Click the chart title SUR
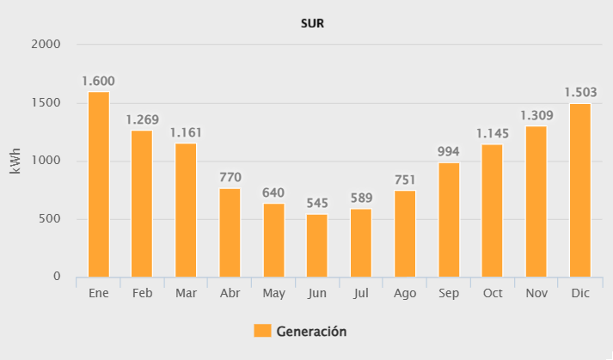[x=311, y=23]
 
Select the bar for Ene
[x=99, y=184]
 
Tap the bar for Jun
[x=317, y=245]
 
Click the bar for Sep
[x=449, y=219]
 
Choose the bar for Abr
[x=230, y=232]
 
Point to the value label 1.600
[x=98, y=82]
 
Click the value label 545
[x=317, y=204]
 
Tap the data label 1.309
[x=536, y=115]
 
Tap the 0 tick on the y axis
[x=57, y=277]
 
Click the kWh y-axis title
[x=15, y=161]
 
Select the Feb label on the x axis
[x=142, y=294]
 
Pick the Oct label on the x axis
[x=493, y=294]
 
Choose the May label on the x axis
[x=273, y=294]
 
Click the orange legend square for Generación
[x=262, y=331]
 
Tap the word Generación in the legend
[x=310, y=331]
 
